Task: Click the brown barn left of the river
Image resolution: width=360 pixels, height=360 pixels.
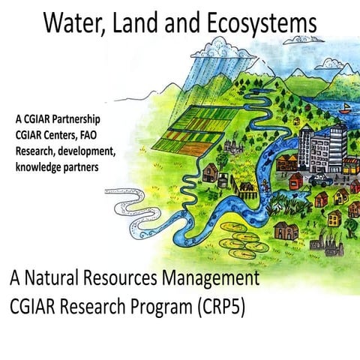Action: point(209,174)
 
